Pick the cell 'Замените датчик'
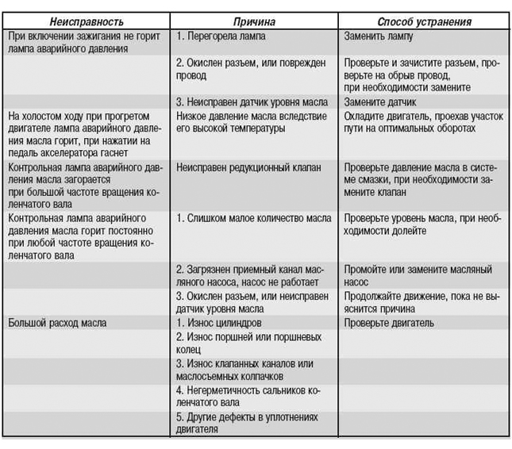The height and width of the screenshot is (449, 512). point(380,102)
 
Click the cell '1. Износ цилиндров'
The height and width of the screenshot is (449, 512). point(218,324)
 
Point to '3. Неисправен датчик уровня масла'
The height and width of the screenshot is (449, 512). point(242,102)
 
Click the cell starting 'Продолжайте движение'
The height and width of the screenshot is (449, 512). point(422,303)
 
